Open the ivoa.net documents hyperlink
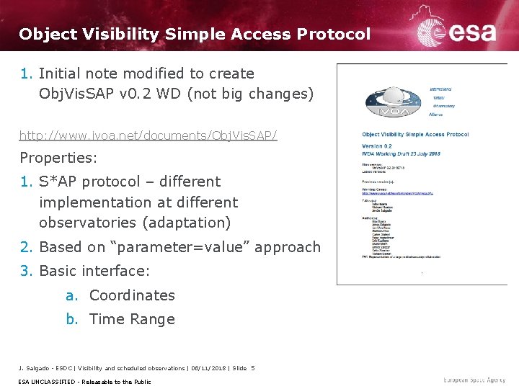tap(148, 135)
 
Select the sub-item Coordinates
tap(132, 295)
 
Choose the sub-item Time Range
tap(132, 319)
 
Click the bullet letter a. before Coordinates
tap(71, 295)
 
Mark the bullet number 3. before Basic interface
tap(27, 271)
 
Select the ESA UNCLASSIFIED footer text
tap(48, 381)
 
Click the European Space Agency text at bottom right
tap(474, 380)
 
